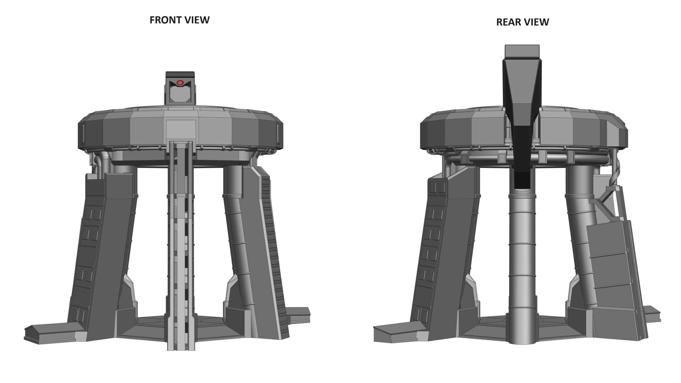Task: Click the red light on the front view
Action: [180, 83]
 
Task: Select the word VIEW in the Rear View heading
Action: [535, 22]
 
